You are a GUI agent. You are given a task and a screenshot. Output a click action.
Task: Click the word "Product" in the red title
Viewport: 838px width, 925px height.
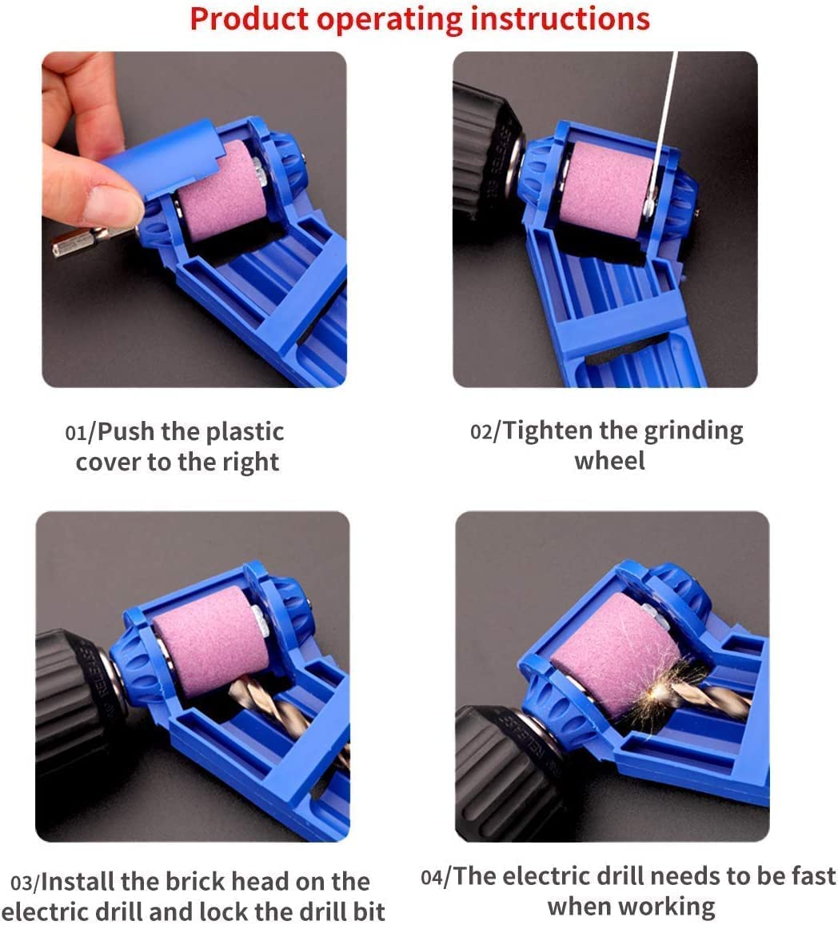tap(249, 19)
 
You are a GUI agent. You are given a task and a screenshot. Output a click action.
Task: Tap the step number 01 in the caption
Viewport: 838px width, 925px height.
tap(76, 432)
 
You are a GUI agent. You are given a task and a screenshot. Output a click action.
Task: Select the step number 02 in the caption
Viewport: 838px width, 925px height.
tap(481, 431)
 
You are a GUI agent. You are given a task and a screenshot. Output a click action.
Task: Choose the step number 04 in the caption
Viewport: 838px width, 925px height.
tap(432, 877)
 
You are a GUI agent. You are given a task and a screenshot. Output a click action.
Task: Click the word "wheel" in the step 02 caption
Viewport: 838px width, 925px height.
tap(609, 461)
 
